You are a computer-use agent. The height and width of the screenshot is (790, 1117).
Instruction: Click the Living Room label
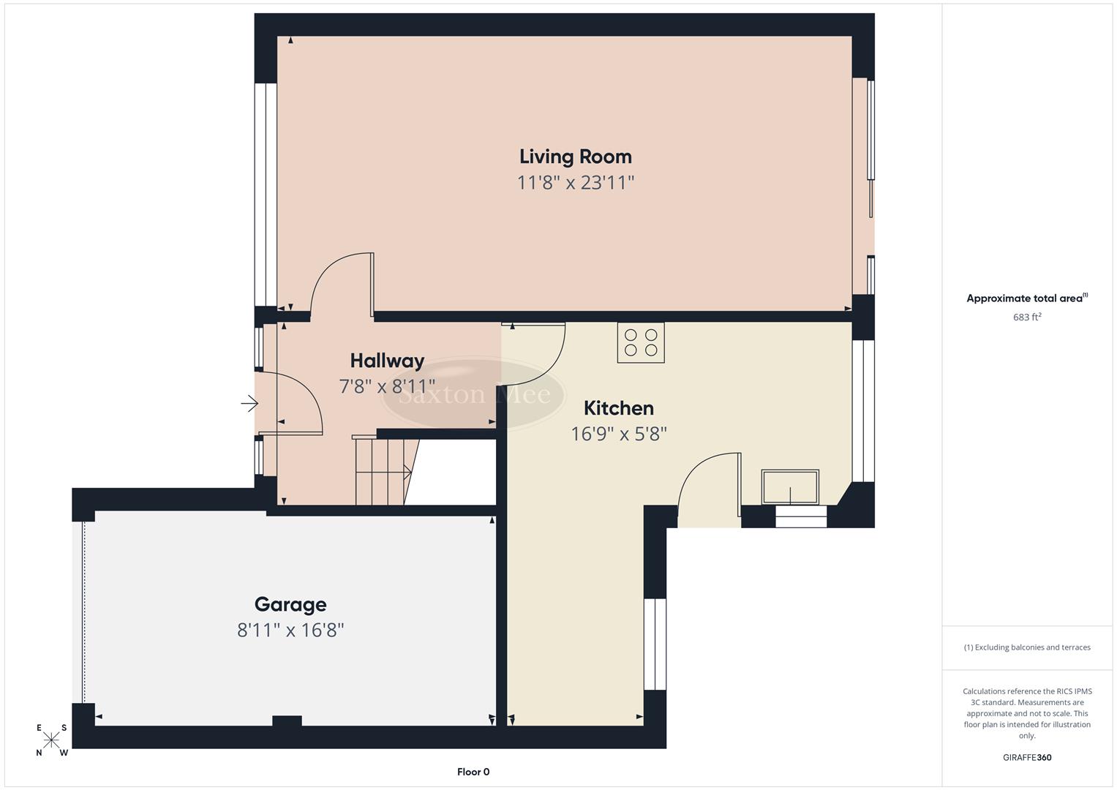[x=575, y=157]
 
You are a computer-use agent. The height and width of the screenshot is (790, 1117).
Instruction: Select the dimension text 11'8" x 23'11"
[x=575, y=182]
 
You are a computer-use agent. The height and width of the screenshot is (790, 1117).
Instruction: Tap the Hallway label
[x=387, y=361]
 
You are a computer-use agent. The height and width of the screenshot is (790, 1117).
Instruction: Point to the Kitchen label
[x=618, y=408]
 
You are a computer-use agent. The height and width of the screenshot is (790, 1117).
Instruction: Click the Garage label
[x=290, y=604]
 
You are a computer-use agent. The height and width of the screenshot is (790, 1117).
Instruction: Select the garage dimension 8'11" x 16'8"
[x=290, y=630]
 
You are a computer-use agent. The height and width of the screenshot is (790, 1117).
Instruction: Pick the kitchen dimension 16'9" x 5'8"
[x=618, y=434]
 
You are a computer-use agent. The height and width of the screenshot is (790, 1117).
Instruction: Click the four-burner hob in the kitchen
[x=641, y=342]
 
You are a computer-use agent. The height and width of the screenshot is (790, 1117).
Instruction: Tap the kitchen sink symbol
[x=790, y=487]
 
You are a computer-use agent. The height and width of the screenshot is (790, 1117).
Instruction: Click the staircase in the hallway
[x=383, y=472]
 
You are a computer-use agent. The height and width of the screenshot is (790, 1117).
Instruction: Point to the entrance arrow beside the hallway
[x=249, y=403]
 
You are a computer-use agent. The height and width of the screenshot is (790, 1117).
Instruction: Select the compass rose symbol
[x=51, y=740]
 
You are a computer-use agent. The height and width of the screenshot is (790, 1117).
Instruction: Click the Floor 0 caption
[x=473, y=772]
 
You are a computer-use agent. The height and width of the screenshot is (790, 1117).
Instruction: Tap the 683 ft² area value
[x=1026, y=317]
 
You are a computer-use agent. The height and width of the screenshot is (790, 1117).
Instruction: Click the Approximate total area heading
[x=1026, y=298]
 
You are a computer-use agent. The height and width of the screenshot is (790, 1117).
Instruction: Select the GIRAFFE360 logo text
[x=1026, y=757]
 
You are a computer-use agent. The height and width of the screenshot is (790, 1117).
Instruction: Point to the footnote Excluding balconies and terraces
[x=1026, y=647]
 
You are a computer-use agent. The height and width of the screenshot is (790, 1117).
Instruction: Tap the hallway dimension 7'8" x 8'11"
[x=387, y=385]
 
